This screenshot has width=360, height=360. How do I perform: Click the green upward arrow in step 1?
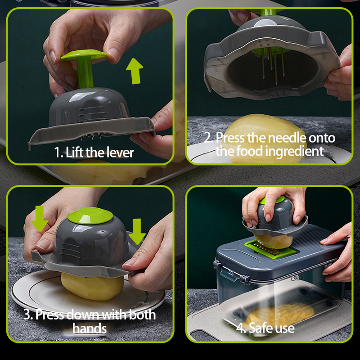pos(135,71)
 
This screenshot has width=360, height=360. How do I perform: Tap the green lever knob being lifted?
pos(84,55)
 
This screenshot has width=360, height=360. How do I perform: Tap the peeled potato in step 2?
pos(264,138)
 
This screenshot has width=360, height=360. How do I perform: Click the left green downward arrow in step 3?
pos(40,218)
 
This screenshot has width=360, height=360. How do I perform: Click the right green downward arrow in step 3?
pos(137,231)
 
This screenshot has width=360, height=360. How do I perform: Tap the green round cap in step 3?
pos(90,216)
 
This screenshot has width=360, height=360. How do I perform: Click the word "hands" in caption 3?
pos(90,328)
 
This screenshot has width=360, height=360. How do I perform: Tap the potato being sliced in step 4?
pos(273,241)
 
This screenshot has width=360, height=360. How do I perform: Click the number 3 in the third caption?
pos(27,315)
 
